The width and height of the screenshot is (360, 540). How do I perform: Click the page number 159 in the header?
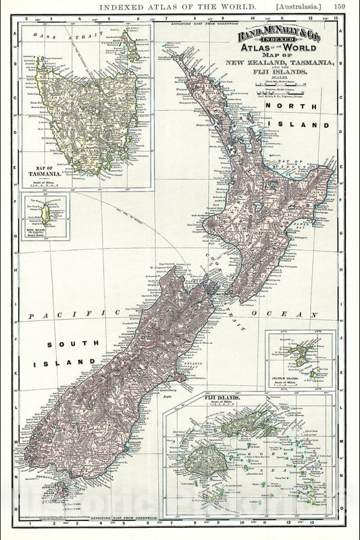(x=341, y=7)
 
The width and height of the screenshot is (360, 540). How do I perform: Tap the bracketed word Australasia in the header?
(x=302, y=7)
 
